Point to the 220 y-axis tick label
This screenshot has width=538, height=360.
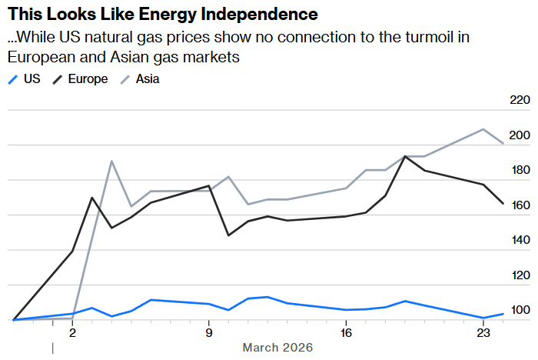[x=520, y=101]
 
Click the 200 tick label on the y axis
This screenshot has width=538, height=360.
[x=520, y=136]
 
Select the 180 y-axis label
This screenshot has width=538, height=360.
[x=520, y=171]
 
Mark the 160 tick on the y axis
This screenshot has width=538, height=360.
[x=520, y=205]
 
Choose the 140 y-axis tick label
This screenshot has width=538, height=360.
[x=520, y=240]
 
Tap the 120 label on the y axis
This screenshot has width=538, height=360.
[x=520, y=275]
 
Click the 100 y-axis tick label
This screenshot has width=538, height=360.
[x=520, y=310]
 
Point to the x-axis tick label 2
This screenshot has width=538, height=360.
[x=72, y=332]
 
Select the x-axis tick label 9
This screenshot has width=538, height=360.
[x=209, y=332]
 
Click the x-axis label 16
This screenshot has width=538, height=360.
[x=346, y=332]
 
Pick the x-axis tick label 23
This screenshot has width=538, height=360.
[x=483, y=332]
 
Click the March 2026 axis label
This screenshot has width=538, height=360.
[x=277, y=348]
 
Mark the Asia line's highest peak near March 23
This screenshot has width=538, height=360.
[x=483, y=129]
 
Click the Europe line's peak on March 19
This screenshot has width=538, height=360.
[x=405, y=156]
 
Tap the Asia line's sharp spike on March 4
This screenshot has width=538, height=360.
[x=111, y=162]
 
